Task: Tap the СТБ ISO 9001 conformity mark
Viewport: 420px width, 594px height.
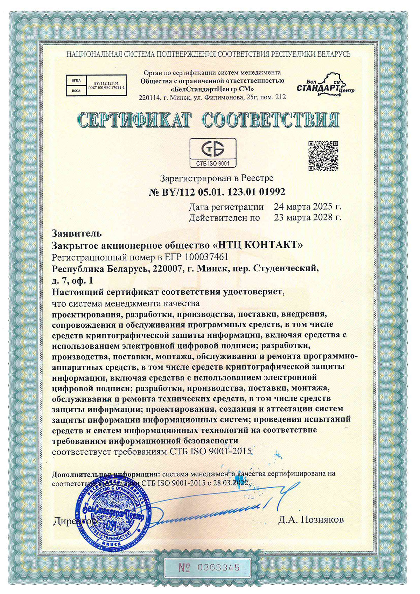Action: point(213,153)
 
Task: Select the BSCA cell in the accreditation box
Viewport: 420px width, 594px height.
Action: point(76,91)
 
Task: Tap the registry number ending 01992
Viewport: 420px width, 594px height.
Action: point(217,192)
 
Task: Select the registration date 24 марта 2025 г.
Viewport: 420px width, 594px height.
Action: point(308,207)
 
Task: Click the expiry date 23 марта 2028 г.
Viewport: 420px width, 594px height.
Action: point(308,217)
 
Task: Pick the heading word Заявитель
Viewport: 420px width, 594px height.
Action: point(77,233)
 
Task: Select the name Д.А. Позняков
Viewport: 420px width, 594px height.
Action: point(311,519)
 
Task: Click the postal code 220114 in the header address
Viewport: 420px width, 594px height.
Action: point(150,97)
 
